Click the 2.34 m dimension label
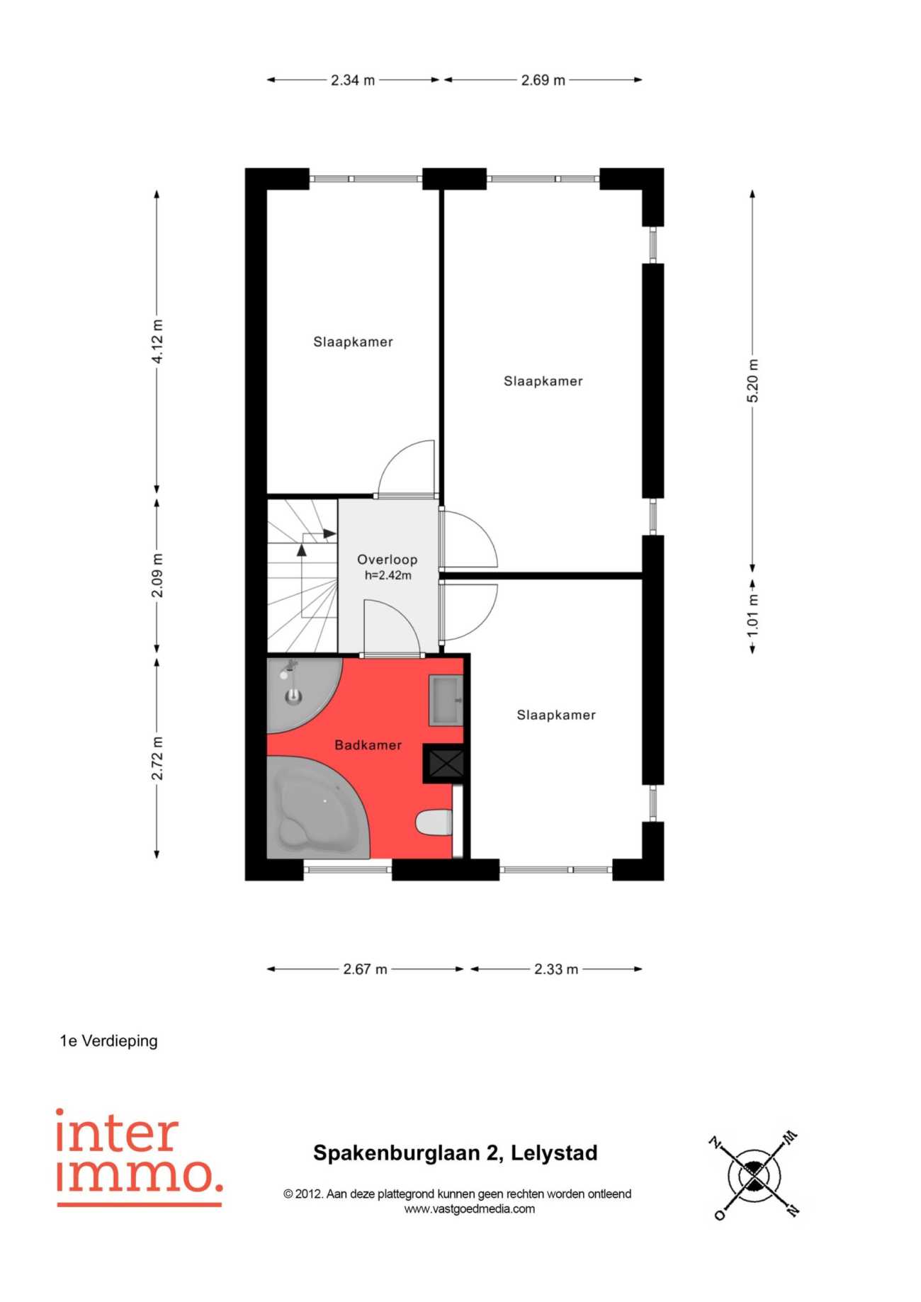[353, 80]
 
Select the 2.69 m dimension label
[543, 80]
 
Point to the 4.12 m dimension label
[157, 341]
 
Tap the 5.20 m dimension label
[752, 380]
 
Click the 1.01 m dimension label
[752, 613]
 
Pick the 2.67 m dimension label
[365, 969]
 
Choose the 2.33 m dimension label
[556, 969]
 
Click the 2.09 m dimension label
[157, 575]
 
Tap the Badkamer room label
[368, 745]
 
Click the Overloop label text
[387, 560]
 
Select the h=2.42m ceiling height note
[388, 575]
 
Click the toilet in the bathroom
[434, 822]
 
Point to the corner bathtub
[317, 808]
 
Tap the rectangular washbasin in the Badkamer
[446, 700]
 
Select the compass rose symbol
[755, 1177]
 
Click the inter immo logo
[140, 1157]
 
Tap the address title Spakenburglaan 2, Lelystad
[456, 1153]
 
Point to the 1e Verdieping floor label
[108, 1041]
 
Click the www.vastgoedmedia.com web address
[470, 1209]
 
